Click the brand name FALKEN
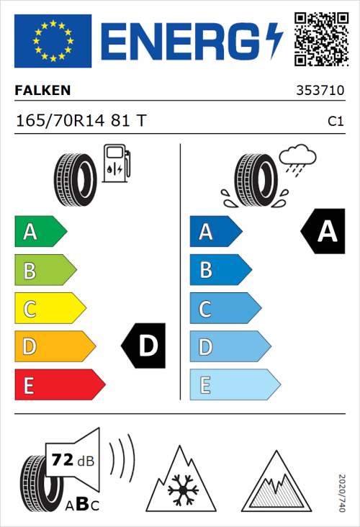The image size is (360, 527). (x=43, y=91)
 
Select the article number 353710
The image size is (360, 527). (x=320, y=91)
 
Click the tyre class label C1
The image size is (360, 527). (x=335, y=122)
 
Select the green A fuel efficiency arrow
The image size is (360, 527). (x=40, y=232)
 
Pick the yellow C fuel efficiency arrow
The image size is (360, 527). (x=49, y=309)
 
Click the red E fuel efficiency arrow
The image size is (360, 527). (x=59, y=385)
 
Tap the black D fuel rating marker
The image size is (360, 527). (x=144, y=346)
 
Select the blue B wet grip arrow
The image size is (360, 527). (x=220, y=270)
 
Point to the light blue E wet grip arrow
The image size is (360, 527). (x=234, y=385)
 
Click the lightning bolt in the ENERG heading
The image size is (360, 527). (x=274, y=40)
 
